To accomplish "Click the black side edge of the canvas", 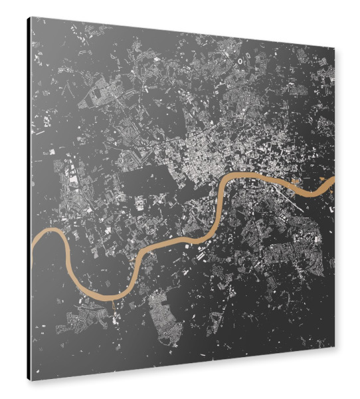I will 29,199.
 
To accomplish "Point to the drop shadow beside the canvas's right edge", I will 341,199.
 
